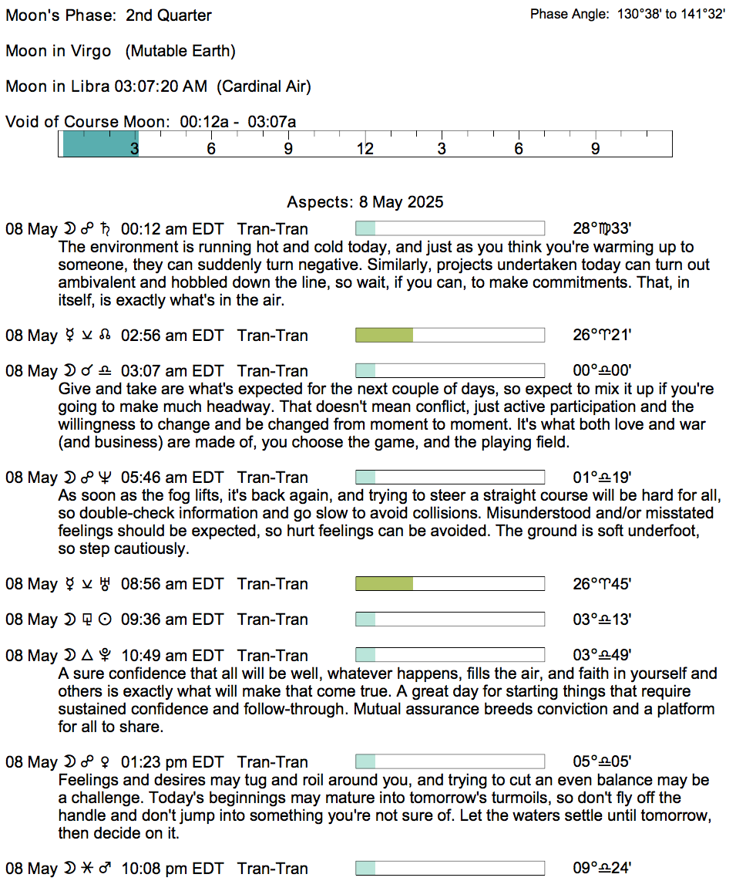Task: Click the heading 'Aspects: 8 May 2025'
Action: coord(365,202)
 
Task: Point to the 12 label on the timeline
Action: coord(364,149)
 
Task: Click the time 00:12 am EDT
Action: coord(172,229)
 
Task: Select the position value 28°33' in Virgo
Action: coord(603,229)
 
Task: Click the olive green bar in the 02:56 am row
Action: coord(384,336)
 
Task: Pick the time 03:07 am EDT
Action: coord(172,371)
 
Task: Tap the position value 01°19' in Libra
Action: coord(603,478)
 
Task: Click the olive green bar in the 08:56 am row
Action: coord(384,584)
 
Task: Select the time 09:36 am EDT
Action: coord(172,619)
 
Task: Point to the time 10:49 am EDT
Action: coord(172,656)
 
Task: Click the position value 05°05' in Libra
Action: coord(603,762)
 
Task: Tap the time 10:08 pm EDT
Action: coord(172,869)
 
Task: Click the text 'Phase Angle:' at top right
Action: coord(570,14)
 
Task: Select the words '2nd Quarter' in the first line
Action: coord(169,15)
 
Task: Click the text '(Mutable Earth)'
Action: coord(180,51)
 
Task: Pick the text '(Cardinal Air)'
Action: coord(264,86)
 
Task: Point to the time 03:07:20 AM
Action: coord(160,86)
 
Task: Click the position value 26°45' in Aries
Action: coord(603,584)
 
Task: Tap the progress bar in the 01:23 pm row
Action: coord(449,762)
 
